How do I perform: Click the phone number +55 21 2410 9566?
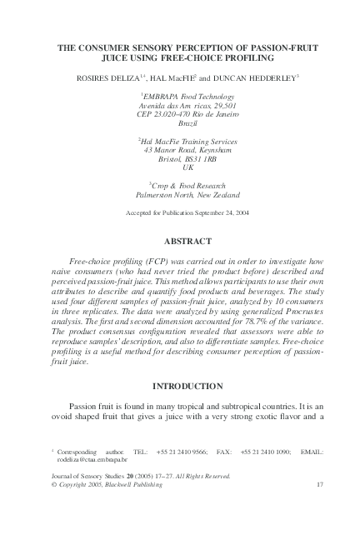click(x=175, y=451)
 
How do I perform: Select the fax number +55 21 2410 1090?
click(x=267, y=451)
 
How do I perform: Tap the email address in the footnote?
click(x=92, y=458)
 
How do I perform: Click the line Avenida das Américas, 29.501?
click(x=180, y=105)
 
